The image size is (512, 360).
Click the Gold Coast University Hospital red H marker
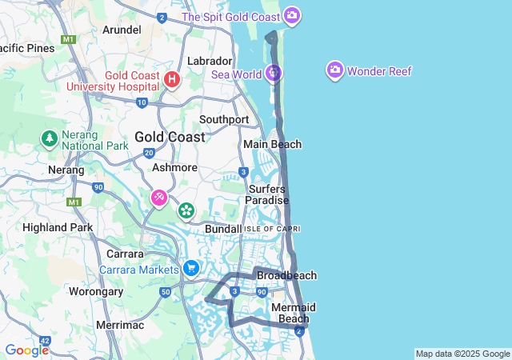[x=171, y=79]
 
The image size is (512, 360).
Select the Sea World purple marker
[x=274, y=74]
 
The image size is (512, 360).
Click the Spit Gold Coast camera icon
[x=292, y=15]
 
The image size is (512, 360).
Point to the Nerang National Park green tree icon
[x=50, y=138]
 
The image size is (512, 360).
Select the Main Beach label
[x=272, y=144]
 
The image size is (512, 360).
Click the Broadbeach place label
[x=286, y=275]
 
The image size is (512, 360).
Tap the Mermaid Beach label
[x=294, y=313]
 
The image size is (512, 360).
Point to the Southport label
[x=224, y=119]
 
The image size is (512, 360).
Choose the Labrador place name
[x=210, y=61]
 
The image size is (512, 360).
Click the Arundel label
[x=122, y=30]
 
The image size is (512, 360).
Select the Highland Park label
[x=58, y=227]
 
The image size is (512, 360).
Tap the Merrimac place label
[x=118, y=325]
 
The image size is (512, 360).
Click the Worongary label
[x=97, y=291]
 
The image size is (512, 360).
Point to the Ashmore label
[x=174, y=168]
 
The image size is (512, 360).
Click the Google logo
[x=26, y=350]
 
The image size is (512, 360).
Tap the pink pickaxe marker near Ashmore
[x=159, y=197]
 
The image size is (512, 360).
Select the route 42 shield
[x=44, y=342]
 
